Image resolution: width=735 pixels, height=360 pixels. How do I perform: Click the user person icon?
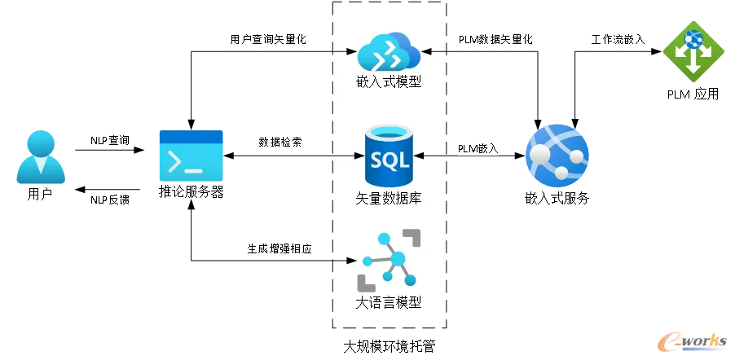point(40,157)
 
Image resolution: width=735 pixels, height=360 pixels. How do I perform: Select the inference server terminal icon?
point(191,156)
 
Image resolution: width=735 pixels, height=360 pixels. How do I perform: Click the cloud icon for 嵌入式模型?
point(390,52)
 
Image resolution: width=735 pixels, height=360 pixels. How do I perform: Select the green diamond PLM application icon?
point(693,52)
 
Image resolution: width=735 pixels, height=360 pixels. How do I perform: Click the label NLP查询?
point(109,140)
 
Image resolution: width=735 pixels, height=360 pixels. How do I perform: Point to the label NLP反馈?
point(109,200)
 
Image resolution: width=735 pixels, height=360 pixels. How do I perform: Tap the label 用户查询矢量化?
point(268,39)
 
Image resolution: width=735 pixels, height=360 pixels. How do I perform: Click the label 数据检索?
point(280,142)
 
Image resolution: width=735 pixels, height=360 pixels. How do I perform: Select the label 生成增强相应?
point(279,248)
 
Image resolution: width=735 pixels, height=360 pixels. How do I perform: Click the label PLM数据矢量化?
point(495,39)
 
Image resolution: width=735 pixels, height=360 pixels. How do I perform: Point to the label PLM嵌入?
point(478,148)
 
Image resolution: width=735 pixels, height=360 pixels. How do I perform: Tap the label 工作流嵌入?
point(618,39)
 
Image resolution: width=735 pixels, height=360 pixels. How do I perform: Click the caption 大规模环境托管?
point(390,347)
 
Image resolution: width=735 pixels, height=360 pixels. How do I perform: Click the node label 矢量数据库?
point(389,198)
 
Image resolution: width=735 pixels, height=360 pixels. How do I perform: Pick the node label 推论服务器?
point(191,192)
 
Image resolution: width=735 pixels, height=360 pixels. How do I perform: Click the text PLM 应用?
point(693,94)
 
